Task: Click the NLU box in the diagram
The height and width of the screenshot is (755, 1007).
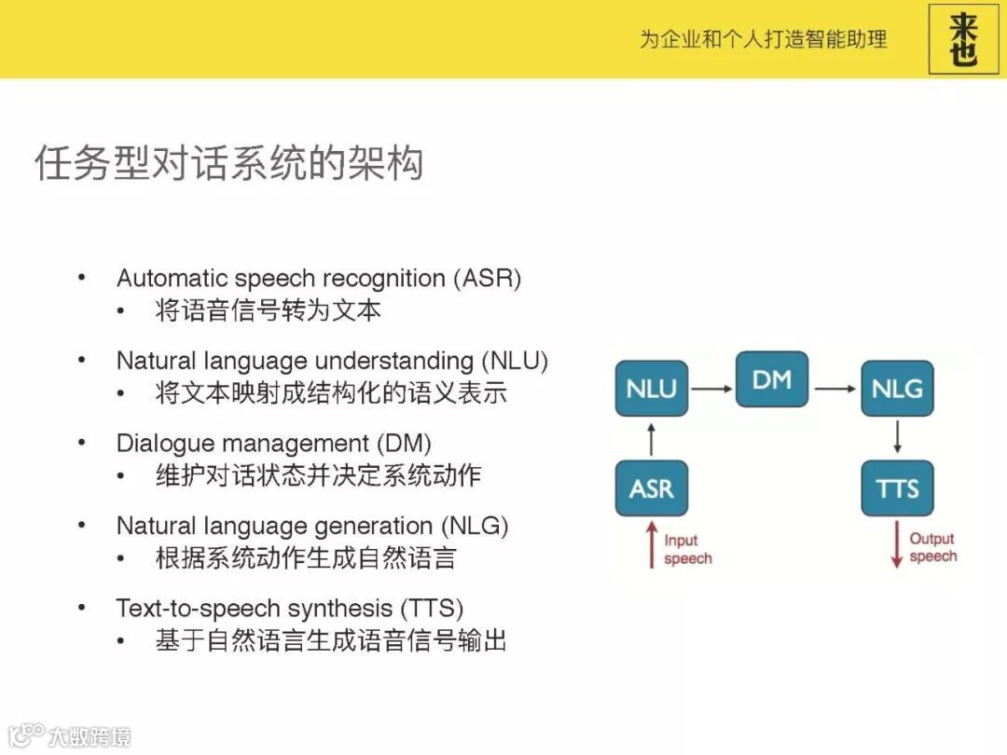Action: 651,388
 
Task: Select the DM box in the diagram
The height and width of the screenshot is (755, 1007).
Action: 771,379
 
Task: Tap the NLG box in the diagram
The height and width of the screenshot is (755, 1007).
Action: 896,388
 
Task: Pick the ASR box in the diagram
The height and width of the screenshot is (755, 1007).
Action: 651,488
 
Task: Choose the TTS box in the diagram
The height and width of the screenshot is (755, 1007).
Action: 896,488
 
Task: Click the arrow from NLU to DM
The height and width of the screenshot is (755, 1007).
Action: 711,389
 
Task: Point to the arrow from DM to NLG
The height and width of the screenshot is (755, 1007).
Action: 834,389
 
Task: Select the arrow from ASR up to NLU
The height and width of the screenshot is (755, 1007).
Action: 652,438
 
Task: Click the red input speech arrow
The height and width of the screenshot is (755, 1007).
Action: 652,544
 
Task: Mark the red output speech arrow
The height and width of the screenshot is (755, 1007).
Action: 896,544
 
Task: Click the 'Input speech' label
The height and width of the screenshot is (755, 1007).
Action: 687,549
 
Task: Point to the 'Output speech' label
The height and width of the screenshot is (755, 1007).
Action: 932,547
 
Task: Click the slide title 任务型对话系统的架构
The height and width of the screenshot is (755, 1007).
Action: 229,163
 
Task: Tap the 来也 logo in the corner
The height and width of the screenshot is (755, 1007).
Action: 963,39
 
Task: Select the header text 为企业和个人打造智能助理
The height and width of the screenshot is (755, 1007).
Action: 762,39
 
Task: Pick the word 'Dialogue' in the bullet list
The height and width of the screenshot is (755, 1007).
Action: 163,443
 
